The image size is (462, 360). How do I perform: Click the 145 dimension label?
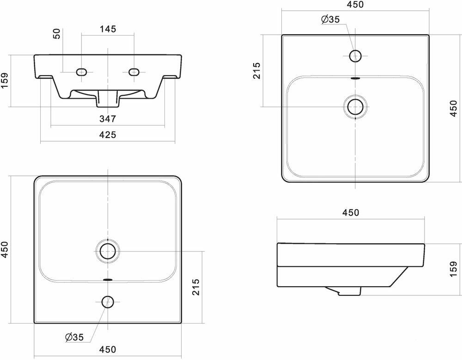[107, 29]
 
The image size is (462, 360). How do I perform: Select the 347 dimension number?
[107, 119]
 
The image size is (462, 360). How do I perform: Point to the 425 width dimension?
[107, 135]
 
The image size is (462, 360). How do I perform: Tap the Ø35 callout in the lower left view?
[74, 337]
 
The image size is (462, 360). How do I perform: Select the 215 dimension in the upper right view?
[257, 71]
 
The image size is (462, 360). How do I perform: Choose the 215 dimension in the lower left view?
[195, 287]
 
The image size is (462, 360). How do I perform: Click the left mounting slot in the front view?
[81, 72]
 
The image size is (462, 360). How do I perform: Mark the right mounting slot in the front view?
[134, 72]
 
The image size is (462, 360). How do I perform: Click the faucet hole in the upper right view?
[355, 56]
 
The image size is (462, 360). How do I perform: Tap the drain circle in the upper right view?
[355, 106]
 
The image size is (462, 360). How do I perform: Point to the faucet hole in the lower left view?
[108, 302]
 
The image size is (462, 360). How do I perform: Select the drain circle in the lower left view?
[108, 252]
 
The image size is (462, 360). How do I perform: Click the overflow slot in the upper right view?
[355, 78]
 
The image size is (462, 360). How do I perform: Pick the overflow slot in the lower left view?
[108, 279]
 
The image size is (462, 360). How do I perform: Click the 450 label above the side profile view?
[351, 212]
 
